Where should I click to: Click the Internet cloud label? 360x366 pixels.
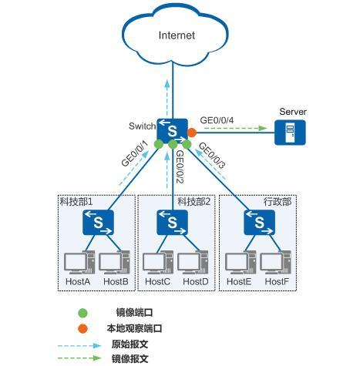pos(177,35)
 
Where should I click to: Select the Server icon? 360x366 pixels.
pos(290,133)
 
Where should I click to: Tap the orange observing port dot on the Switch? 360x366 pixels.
pos(192,133)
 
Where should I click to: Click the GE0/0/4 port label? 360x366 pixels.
pos(217,120)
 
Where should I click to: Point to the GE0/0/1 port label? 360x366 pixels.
pos(135,154)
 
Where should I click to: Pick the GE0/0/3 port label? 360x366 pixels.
pos(212,156)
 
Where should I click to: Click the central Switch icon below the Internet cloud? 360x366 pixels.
pos(172,131)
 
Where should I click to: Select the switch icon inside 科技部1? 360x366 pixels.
pos(98,223)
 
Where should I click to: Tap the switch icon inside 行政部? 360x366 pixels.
pos(259,223)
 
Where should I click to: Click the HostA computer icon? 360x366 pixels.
pos(79,263)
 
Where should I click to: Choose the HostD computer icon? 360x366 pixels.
pos(193,263)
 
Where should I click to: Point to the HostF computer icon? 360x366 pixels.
pos(275,263)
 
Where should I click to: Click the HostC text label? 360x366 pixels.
pos(157,281)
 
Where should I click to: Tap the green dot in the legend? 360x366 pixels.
pos(82,313)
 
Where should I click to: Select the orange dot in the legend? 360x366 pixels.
pos(82,328)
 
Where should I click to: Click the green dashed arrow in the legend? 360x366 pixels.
pos(79,358)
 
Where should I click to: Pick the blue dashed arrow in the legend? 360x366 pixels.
pos(79,346)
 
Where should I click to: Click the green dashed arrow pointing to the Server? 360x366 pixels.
pos(236,128)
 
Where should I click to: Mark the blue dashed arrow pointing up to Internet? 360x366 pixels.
pos(167,98)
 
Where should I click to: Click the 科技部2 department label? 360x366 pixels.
pos(194,202)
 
